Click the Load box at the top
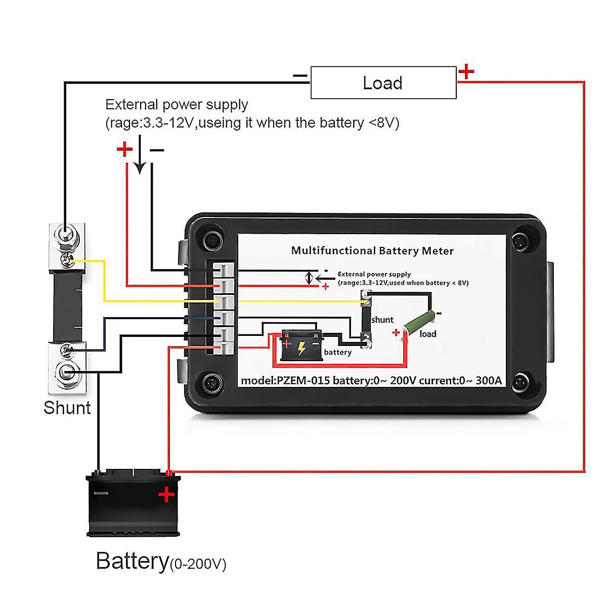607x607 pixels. point(383,82)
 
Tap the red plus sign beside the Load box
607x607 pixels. point(466,72)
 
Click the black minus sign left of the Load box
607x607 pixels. point(300,76)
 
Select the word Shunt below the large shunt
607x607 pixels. point(67,408)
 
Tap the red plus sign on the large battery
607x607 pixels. point(166,494)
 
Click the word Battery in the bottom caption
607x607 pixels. point(132,561)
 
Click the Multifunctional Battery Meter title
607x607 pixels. point(372,250)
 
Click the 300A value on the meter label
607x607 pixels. point(489,380)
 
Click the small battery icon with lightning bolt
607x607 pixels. point(301,346)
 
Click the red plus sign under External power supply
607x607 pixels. point(124,149)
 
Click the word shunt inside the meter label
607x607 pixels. point(382,320)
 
